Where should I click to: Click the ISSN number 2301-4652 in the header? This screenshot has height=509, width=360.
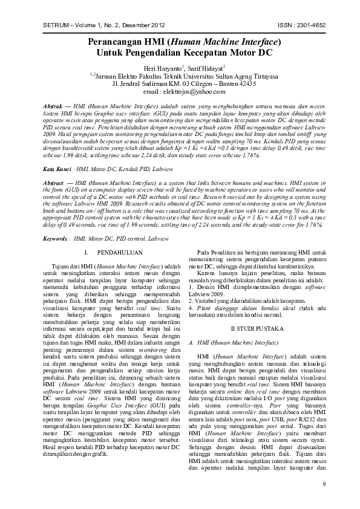(x=306, y=25)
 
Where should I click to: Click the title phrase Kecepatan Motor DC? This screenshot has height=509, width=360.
(x=217, y=53)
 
